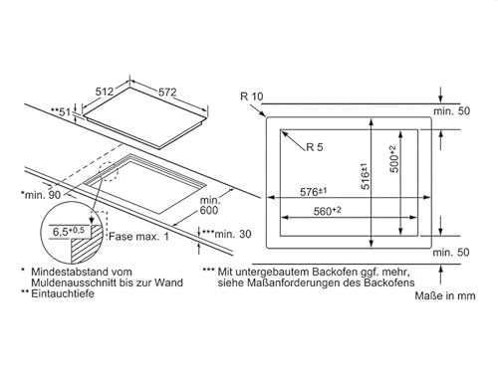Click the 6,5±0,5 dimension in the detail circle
coord(71,233)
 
